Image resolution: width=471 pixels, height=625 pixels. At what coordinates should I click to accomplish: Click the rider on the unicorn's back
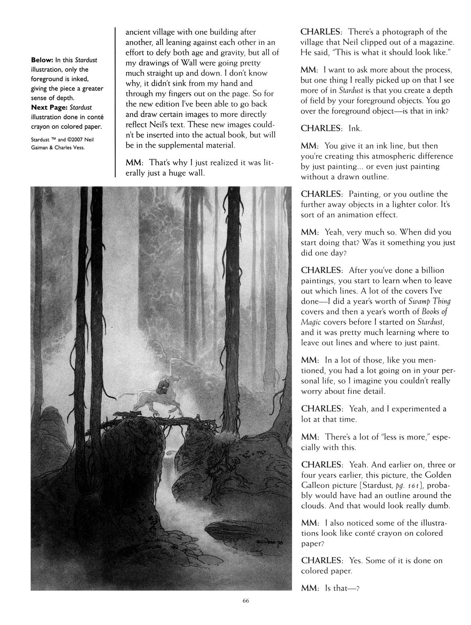[x=162, y=386]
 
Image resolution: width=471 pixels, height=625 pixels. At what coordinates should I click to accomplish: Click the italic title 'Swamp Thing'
[x=429, y=301]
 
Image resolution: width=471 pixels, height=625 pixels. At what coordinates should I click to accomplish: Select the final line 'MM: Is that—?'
[x=330, y=588]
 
